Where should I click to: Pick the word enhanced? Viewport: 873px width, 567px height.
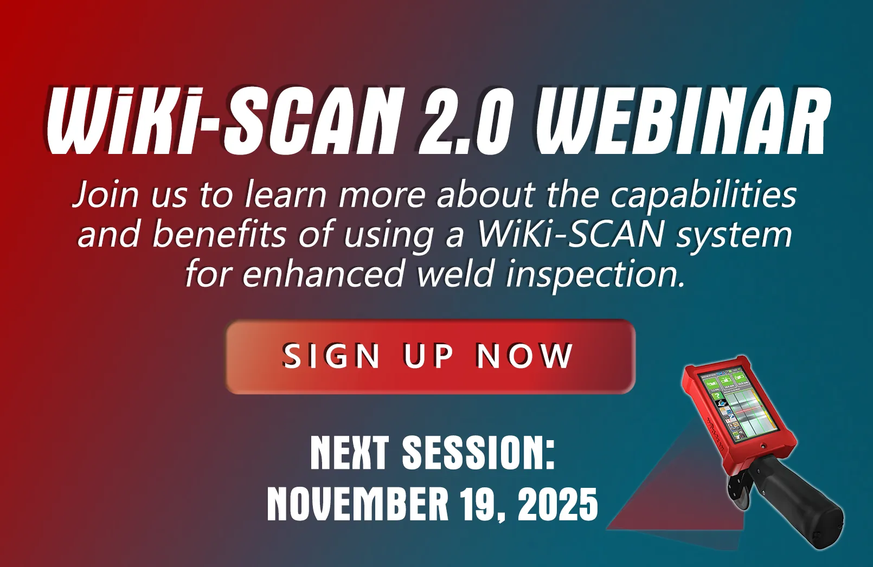[x=323, y=274]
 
